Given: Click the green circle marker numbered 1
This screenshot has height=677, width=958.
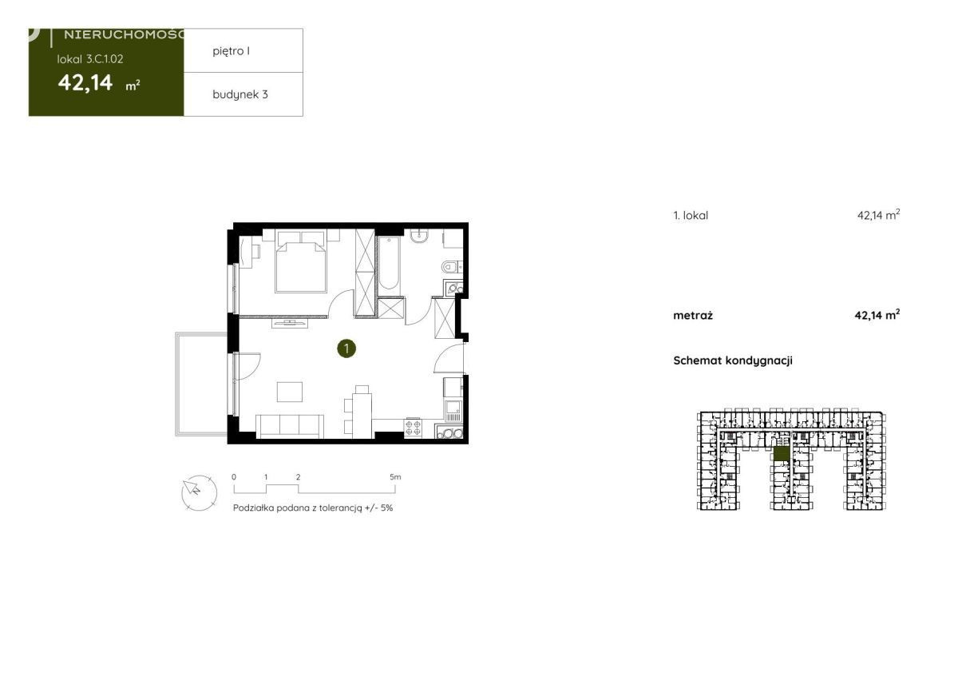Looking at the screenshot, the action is click(x=346, y=348).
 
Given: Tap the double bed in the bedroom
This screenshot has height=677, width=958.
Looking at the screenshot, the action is click(x=301, y=261).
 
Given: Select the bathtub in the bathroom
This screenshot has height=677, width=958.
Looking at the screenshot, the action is click(x=389, y=265).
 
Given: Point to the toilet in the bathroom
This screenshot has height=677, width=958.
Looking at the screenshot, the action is click(x=450, y=267).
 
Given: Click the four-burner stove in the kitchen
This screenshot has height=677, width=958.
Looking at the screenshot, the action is click(x=413, y=428).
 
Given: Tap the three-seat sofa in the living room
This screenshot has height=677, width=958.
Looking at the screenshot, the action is click(x=290, y=426).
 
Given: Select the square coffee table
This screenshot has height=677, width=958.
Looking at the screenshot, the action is click(x=290, y=392).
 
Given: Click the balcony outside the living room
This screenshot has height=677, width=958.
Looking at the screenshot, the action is click(x=201, y=384).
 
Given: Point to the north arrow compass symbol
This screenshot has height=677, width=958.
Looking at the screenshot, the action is click(x=199, y=492).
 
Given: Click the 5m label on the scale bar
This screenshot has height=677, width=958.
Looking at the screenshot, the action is click(x=394, y=476).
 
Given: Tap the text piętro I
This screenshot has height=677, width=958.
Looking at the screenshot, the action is click(x=231, y=51).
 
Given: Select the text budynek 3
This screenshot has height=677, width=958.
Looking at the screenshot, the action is click(x=240, y=94).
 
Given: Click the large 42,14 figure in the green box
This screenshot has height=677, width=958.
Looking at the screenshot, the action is click(x=85, y=82).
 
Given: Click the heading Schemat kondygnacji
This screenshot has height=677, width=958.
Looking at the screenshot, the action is click(x=733, y=360).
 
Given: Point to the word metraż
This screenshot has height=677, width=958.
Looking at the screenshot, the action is click(x=693, y=316).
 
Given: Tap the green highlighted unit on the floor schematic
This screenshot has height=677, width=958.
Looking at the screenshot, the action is click(x=781, y=454).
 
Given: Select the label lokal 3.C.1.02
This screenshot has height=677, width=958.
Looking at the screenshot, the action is click(x=90, y=59).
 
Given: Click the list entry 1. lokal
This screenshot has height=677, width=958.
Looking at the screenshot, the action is click(x=691, y=215).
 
